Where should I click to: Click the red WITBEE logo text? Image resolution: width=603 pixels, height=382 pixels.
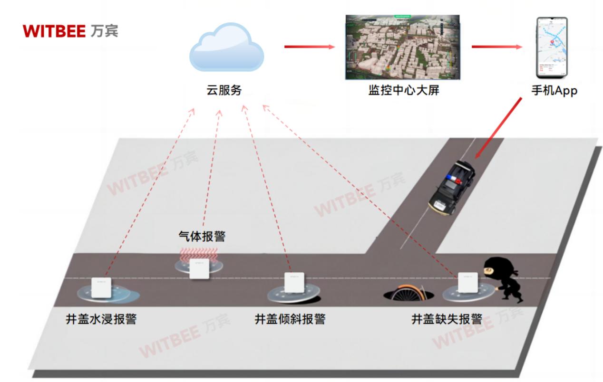click(53, 31)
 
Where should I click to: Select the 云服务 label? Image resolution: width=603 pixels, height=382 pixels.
click(224, 90)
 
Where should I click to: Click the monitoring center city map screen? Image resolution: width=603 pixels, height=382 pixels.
click(402, 47)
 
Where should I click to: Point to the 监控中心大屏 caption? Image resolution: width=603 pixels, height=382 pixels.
click(403, 90)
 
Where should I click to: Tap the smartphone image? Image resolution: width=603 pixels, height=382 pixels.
click(552, 48)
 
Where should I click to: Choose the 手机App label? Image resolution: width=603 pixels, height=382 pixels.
click(554, 90)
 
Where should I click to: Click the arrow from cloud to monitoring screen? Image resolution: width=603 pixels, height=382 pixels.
click(309, 47)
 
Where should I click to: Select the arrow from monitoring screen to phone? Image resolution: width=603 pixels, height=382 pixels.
click(496, 47)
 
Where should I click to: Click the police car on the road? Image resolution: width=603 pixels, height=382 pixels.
click(452, 188)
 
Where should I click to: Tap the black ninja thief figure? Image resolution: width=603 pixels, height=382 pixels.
click(504, 280)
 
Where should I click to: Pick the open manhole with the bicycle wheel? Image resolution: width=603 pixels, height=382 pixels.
click(408, 293)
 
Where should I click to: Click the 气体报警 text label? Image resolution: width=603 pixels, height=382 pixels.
click(202, 236)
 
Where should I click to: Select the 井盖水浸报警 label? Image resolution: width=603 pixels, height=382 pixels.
click(101, 319)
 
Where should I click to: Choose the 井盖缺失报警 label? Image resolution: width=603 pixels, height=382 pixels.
click(447, 319)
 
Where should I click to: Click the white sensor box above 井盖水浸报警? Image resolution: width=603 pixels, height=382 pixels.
click(101, 287)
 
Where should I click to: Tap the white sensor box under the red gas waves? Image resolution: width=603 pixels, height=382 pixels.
click(200, 269)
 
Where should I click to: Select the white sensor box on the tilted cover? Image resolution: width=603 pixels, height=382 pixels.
click(294, 283)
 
